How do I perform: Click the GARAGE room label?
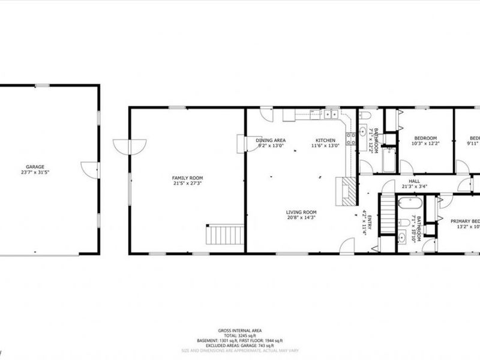(x=35, y=167)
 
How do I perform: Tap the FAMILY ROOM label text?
(x=187, y=178)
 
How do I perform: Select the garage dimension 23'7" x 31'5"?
(x=35, y=172)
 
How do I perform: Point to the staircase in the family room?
(x=225, y=234)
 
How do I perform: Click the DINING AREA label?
(x=271, y=140)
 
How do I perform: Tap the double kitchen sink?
(x=330, y=113)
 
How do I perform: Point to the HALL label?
(x=414, y=181)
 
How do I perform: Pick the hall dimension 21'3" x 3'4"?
(x=414, y=186)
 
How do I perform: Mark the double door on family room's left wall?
(x=129, y=146)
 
